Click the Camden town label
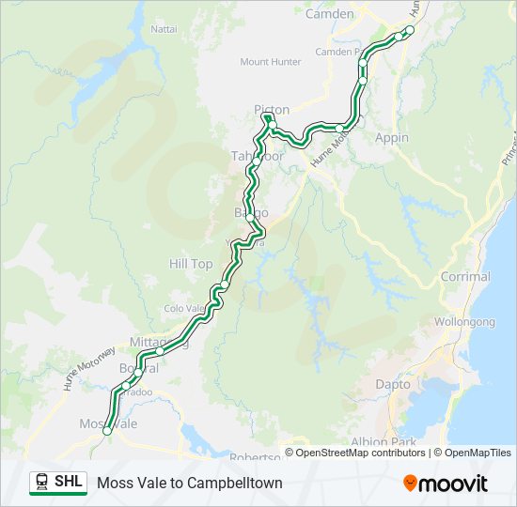pos(330,14)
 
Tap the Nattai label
pos(164,29)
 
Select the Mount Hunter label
pos(271,62)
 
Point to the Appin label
pos(392,137)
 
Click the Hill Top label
pos(191,264)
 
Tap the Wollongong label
pos(464,321)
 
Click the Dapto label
pos(393,384)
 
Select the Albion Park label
pos(382,441)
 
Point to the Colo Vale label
pos(184,308)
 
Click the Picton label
pos(272,110)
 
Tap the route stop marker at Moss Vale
pos(108,431)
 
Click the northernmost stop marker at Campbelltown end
pos(410,30)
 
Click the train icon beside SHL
pos(41,483)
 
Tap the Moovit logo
pos(446,484)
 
